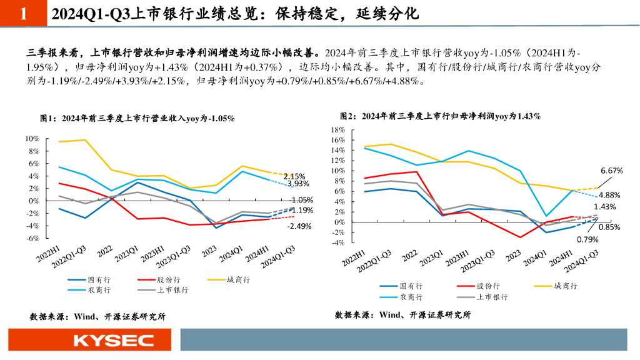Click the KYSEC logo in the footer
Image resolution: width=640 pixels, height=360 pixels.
pyautogui.click(x=113, y=341)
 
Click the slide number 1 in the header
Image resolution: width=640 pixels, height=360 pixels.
pyautogui.click(x=23, y=14)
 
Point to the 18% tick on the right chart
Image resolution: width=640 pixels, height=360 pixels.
pyautogui.click(x=337, y=129)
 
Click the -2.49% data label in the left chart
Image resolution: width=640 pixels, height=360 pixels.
pyautogui.click(x=299, y=226)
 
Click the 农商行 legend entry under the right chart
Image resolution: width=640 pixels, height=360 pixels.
pyautogui.click(x=411, y=297)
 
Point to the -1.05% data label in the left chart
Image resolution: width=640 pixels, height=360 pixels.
pyautogui.click(x=301, y=200)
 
